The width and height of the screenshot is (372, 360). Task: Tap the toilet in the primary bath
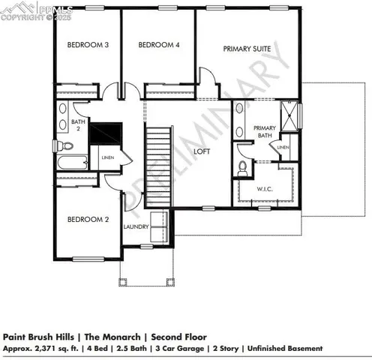pos(242,167)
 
